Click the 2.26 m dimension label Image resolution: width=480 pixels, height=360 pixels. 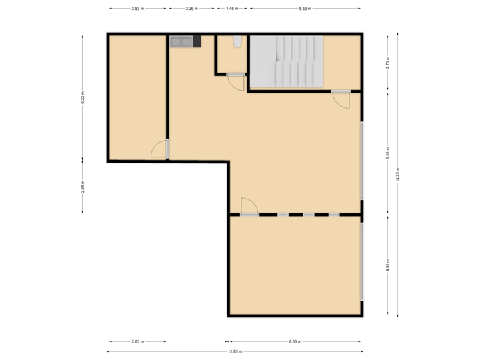point(191,9)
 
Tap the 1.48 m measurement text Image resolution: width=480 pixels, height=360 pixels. point(231,9)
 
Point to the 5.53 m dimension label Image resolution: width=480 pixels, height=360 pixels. point(305,9)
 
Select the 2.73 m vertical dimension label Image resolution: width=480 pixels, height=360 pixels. point(387,63)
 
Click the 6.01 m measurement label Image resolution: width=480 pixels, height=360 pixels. point(387,153)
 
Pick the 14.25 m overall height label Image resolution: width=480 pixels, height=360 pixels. point(398,175)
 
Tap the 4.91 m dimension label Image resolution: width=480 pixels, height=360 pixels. point(387,266)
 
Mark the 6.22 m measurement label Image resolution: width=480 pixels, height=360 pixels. point(83,97)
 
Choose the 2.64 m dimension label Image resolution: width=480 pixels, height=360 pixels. point(83,186)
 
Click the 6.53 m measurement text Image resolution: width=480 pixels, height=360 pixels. point(295,341)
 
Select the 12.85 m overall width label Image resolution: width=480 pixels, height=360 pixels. point(235,351)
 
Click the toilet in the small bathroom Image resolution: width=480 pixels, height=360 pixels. point(235,42)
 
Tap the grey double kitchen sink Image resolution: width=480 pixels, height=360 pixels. point(181,42)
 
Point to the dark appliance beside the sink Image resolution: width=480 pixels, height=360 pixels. point(197,42)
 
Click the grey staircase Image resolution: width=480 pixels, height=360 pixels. point(287,61)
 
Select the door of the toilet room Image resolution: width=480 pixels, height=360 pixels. point(236,81)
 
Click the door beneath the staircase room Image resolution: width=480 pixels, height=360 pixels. point(341,99)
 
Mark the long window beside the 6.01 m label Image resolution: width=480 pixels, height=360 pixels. point(362,161)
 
